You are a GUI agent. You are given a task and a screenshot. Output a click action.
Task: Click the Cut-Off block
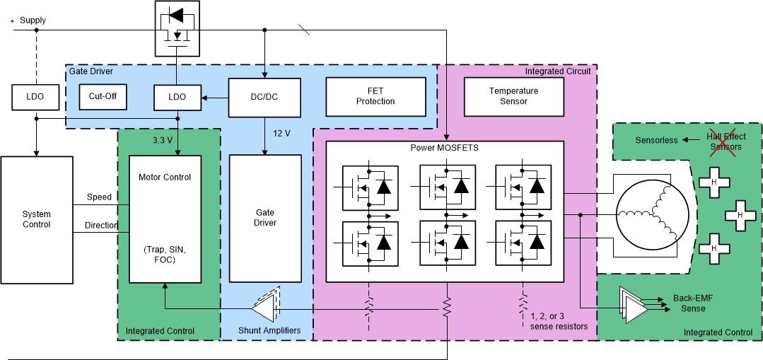click(103, 97)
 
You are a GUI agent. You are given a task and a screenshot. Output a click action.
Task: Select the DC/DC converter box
click(265, 97)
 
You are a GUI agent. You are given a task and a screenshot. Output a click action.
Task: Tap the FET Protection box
click(375, 97)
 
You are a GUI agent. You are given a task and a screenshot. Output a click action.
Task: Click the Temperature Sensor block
click(513, 97)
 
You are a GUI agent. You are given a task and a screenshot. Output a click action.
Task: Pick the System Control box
click(37, 220)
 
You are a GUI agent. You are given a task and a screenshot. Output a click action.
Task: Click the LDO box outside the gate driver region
click(36, 97)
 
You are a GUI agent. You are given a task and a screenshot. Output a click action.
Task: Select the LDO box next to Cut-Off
click(177, 97)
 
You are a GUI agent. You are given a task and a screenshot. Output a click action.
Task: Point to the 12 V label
click(282, 134)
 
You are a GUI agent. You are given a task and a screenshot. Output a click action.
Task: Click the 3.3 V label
click(163, 140)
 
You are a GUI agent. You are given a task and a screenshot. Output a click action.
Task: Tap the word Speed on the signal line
click(99, 197)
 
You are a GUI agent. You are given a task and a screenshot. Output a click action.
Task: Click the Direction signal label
click(101, 225)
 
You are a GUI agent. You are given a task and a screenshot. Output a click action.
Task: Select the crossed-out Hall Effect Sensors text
click(724, 141)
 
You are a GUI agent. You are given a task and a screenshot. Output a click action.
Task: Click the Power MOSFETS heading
click(443, 149)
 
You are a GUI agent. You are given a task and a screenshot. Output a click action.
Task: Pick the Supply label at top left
click(33, 20)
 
